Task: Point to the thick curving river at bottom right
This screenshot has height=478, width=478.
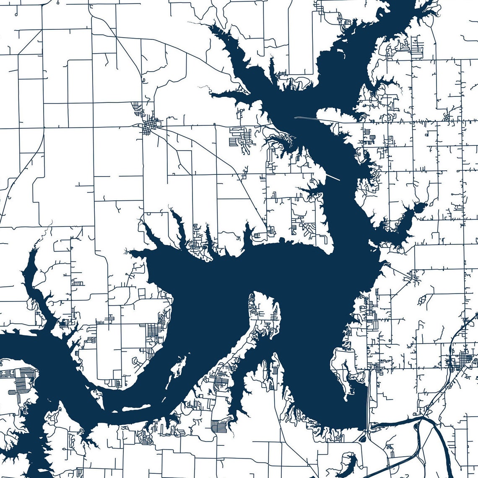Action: [440, 444]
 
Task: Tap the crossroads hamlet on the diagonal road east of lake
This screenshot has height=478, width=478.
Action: [415, 277]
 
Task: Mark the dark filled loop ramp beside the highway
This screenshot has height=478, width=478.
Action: [363, 438]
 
